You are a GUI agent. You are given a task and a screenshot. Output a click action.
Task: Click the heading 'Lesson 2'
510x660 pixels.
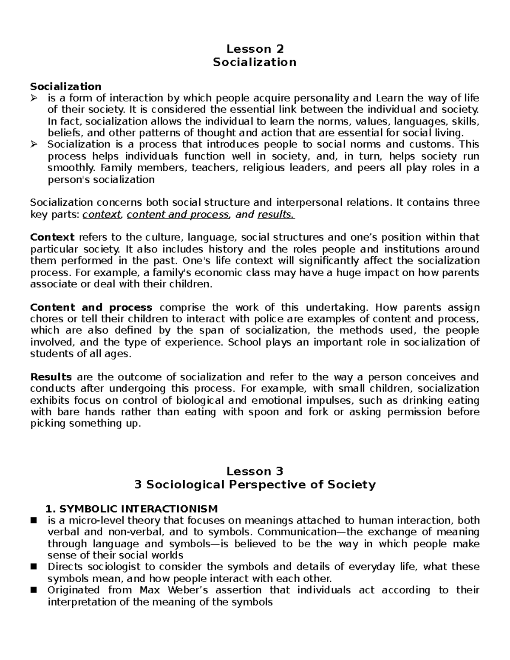click(x=255, y=49)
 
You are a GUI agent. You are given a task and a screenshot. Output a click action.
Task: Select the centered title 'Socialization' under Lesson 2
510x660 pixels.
click(x=255, y=62)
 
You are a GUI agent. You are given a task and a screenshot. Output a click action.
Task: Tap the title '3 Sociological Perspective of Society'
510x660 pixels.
click(x=255, y=484)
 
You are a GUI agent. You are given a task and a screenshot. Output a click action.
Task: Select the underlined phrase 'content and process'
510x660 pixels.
click(x=178, y=215)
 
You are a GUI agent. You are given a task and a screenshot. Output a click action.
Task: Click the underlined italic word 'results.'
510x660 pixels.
click(x=276, y=215)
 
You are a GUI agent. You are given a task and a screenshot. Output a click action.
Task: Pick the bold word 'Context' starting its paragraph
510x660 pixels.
click(x=52, y=237)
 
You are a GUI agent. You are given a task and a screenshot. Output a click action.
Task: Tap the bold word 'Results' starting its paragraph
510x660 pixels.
click(x=51, y=377)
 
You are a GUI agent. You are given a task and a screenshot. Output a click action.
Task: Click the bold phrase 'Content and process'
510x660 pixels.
click(x=91, y=307)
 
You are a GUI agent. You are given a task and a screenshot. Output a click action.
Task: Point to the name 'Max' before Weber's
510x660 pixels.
click(x=149, y=590)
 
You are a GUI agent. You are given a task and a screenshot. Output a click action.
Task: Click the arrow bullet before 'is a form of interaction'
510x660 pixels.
click(x=34, y=99)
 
